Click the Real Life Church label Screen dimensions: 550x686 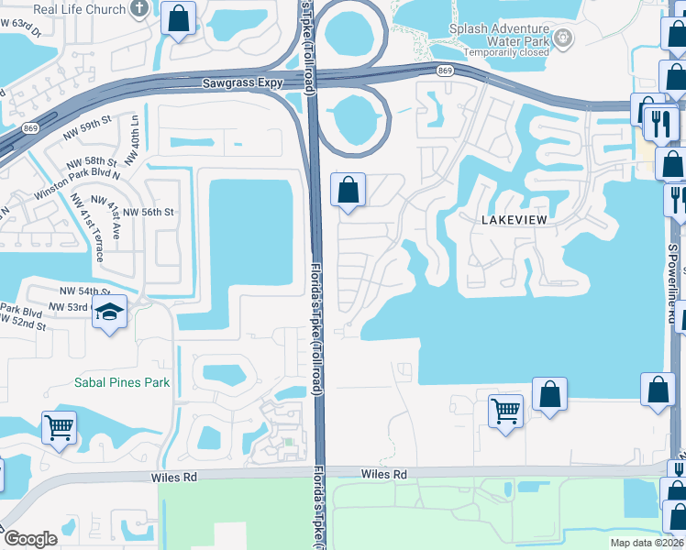[x=79, y=10]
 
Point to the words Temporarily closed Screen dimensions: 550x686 [x=506, y=54]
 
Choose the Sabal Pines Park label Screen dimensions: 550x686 [x=122, y=381]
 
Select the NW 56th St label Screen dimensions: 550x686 [x=148, y=212]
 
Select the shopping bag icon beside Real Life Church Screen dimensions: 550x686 [x=178, y=16]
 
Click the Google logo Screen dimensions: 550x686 [x=30, y=539]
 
